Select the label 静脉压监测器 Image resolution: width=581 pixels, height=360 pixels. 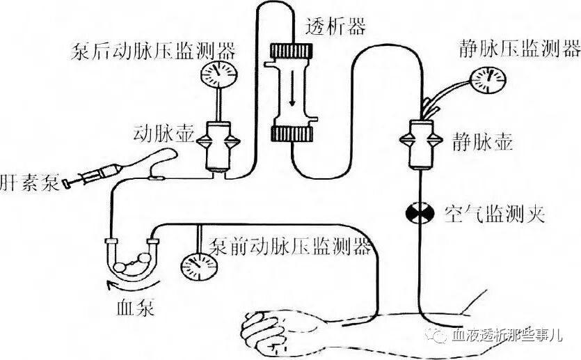coord(520,49)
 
